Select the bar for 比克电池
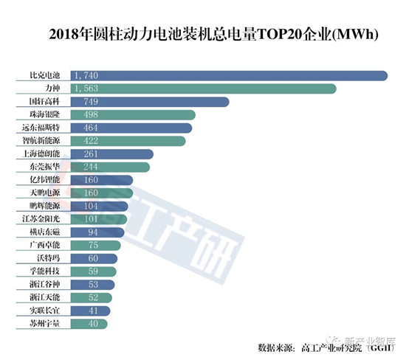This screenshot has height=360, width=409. [229, 75]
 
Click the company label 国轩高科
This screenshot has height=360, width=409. [45, 102]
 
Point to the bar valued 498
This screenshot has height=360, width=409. [133, 115]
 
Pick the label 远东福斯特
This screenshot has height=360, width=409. [44, 128]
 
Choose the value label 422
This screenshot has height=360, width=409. [84, 141]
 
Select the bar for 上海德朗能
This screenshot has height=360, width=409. [111, 154]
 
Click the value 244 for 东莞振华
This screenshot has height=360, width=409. [84, 167]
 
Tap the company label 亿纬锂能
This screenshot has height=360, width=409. [45, 180]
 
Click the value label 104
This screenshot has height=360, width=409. [84, 207]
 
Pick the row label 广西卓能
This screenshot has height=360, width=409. [45, 246]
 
